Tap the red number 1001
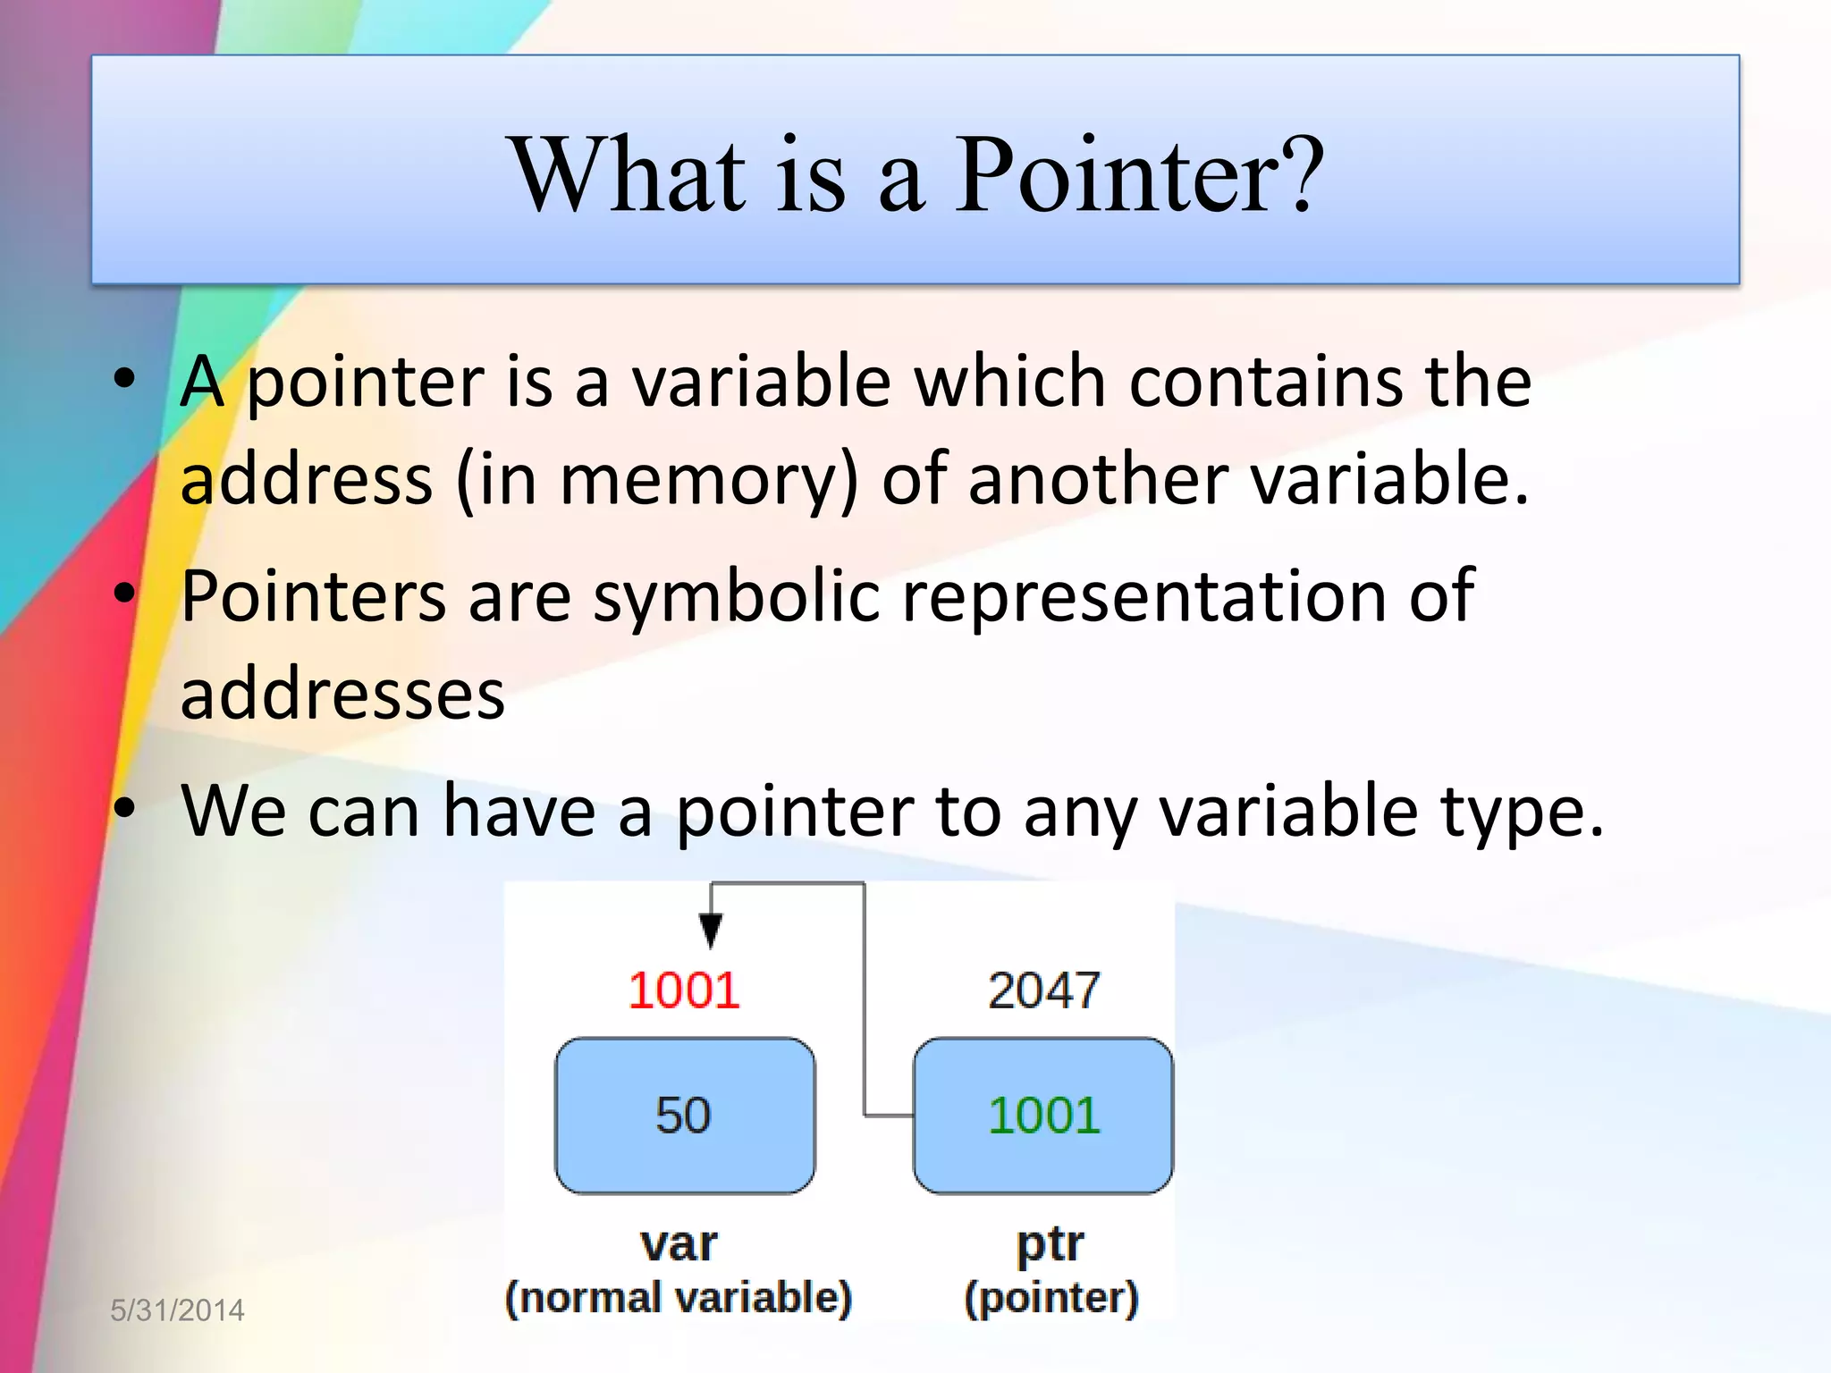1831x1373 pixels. [x=684, y=990]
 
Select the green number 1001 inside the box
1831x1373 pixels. [x=1043, y=1116]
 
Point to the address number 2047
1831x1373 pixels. [x=1043, y=990]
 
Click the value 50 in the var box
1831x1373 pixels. [x=683, y=1116]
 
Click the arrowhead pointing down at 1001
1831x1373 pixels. [x=711, y=931]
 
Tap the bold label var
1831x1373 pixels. [x=679, y=1243]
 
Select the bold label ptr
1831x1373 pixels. [x=1050, y=1243]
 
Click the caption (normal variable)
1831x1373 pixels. [x=679, y=1298]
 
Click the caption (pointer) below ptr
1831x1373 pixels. [x=1051, y=1298]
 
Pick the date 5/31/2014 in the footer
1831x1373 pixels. [x=177, y=1310]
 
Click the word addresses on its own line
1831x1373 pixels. [x=342, y=695]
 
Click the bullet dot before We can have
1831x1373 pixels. [x=124, y=808]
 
